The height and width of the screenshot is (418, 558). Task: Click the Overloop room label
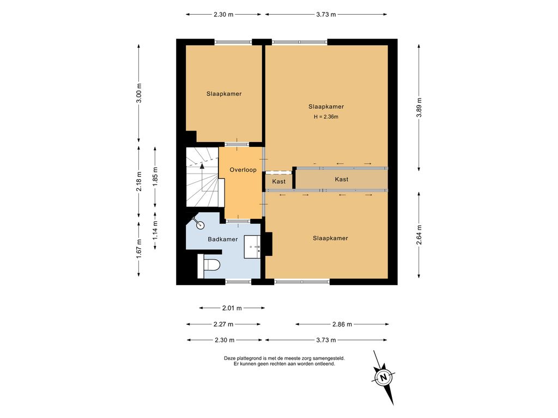[x=242, y=170]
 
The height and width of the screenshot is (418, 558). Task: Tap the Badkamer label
[x=223, y=239]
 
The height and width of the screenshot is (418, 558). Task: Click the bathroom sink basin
[x=252, y=247]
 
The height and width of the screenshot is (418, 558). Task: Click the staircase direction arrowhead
[x=202, y=165]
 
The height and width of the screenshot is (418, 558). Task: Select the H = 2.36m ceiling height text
[x=326, y=116]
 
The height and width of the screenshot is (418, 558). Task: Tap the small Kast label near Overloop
[x=278, y=182]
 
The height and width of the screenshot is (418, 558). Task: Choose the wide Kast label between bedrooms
[x=342, y=179]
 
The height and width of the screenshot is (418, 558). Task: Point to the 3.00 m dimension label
[x=139, y=93]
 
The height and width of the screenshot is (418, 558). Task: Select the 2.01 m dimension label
[x=232, y=308]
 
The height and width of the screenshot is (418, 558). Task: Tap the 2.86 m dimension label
[x=342, y=324]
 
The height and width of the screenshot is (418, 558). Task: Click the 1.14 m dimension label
[x=155, y=230]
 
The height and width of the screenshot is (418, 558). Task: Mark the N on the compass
[x=383, y=377]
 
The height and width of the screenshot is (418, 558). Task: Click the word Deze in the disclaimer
[x=229, y=358]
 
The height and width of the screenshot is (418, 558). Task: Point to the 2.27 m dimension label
[x=223, y=324]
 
